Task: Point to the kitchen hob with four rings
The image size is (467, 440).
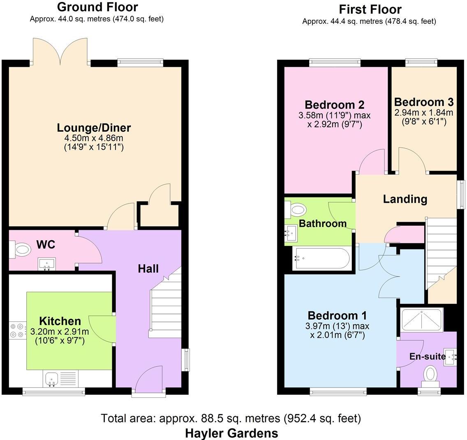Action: [x=17, y=330]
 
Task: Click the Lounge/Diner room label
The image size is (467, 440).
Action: [x=94, y=128]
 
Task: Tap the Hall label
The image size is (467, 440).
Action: [x=148, y=269]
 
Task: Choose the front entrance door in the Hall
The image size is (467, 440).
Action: [x=149, y=380]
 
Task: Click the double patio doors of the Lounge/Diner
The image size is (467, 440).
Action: [x=60, y=51]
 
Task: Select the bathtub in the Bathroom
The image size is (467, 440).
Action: [x=321, y=259]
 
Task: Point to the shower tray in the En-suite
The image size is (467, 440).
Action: [x=421, y=320]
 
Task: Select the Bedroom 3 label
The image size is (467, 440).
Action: [x=423, y=102]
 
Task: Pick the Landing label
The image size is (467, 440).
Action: [x=405, y=199]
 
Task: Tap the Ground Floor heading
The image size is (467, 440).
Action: [x=97, y=7]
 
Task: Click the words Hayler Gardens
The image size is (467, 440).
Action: [x=231, y=433]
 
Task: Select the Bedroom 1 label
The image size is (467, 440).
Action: [x=337, y=316]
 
